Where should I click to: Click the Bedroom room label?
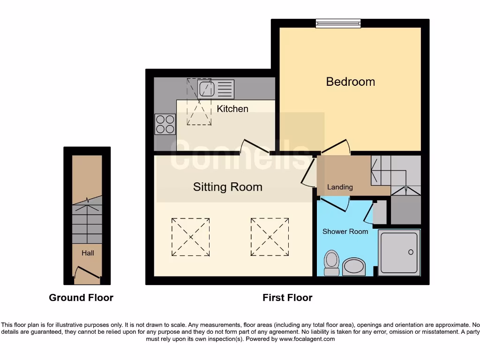(350, 82)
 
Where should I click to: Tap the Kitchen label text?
(232, 109)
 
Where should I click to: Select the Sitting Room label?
(227, 187)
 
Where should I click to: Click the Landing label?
(340, 187)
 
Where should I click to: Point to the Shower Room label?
(345, 231)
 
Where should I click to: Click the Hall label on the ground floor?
(88, 253)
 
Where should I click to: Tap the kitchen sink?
(206, 89)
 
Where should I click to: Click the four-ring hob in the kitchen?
(165, 124)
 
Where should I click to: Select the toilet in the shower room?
(332, 262)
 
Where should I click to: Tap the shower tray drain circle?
(411, 252)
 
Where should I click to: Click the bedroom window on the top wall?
(338, 23)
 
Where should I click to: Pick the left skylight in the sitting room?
(190, 237)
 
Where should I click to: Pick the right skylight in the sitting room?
(270, 237)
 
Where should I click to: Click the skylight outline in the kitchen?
(199, 102)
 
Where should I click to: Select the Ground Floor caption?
(81, 298)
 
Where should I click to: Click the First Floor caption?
(287, 298)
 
